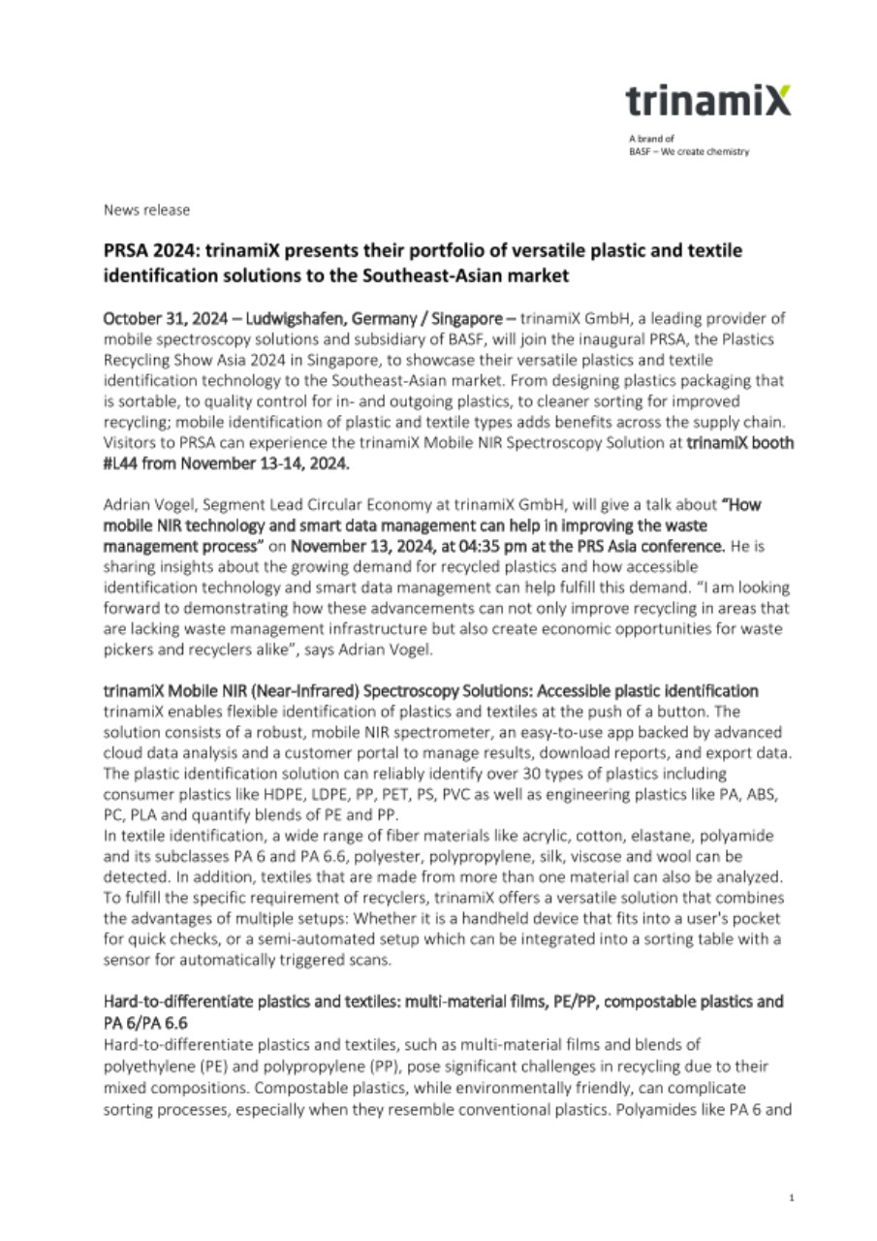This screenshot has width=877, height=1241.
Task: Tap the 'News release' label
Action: (147, 209)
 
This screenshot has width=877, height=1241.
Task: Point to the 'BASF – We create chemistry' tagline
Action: (689, 151)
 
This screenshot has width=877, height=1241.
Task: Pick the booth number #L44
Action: (123, 464)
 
